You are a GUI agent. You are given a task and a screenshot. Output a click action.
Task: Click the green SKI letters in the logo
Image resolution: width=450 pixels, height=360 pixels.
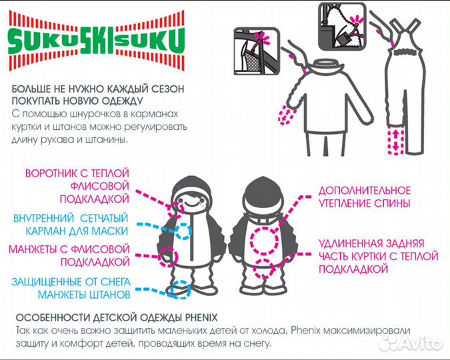(97, 41)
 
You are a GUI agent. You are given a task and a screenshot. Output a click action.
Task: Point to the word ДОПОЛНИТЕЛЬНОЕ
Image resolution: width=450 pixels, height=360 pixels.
(365, 191)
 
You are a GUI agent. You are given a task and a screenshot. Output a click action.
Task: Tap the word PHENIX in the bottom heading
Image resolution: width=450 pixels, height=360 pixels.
(201, 318)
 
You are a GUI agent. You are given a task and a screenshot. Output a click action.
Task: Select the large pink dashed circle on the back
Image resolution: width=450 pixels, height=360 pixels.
(264, 241)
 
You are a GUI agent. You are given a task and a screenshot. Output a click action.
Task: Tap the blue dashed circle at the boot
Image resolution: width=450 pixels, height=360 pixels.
(180, 289)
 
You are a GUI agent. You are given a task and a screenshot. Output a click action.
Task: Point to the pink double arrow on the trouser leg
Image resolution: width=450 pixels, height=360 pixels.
(396, 139)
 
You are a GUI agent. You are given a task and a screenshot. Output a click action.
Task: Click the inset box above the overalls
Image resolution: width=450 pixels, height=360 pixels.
(343, 25)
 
